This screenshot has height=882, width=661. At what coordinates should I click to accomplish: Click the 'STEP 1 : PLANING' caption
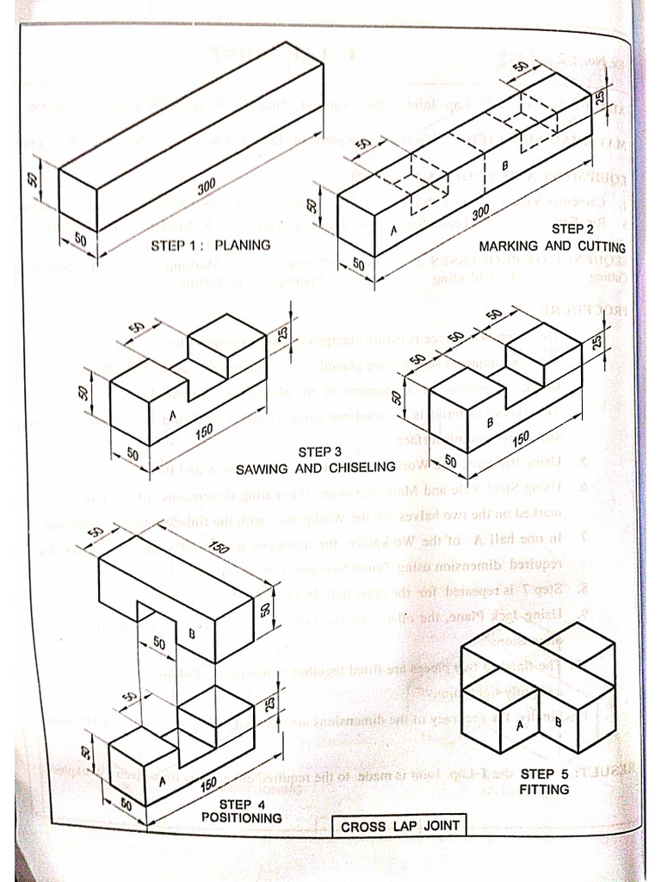210,245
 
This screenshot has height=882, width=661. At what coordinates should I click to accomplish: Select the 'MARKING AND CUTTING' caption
552,246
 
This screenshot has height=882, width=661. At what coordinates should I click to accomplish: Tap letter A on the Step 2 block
393,231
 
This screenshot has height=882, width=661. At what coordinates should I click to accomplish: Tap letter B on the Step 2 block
505,164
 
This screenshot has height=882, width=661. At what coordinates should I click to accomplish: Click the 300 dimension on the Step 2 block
480,210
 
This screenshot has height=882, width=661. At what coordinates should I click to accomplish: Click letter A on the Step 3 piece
172,417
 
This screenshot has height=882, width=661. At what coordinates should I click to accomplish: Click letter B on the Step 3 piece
490,422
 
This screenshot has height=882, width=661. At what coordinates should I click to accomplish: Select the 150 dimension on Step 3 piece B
520,439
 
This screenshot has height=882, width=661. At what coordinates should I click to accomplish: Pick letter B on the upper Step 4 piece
192,633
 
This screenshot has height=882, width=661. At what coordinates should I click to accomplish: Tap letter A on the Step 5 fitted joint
519,725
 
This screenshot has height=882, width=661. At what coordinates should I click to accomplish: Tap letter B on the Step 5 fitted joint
558,722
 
